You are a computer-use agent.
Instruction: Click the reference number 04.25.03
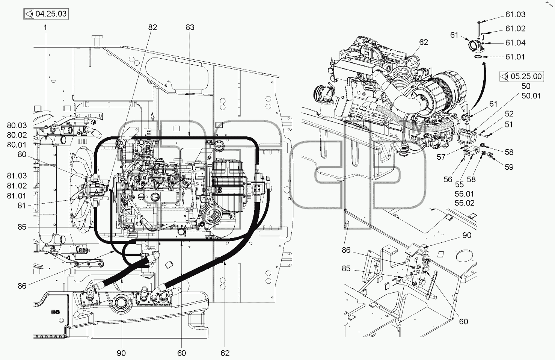51,14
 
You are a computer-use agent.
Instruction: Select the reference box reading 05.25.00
521,76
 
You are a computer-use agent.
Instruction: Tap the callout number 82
152,27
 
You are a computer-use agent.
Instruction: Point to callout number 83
190,27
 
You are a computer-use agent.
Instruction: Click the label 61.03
515,15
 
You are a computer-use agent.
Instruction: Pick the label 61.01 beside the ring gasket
515,57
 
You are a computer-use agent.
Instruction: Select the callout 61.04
515,43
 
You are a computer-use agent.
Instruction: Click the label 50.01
531,96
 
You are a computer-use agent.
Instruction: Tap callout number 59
509,167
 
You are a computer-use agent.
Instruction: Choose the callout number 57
441,157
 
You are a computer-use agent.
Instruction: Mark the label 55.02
465,203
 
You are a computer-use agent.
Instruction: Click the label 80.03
17,126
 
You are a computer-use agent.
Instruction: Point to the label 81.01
17,196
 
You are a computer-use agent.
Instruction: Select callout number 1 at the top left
45,27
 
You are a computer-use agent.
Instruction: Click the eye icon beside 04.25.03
30,14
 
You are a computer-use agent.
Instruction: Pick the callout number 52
509,114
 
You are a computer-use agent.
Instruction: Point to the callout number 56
448,180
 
